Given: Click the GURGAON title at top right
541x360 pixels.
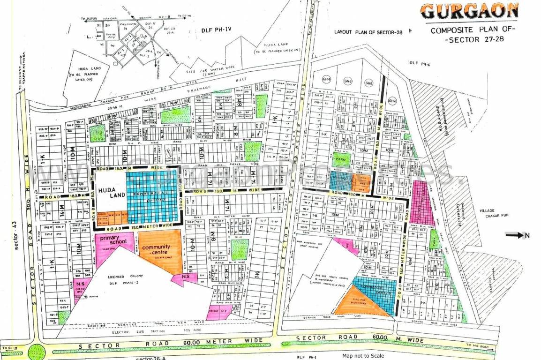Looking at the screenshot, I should click(469, 11).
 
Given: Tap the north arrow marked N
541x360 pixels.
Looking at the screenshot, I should click(518, 235).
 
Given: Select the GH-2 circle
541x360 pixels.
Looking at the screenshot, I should click(348, 81).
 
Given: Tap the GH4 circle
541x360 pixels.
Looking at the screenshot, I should click(392, 101).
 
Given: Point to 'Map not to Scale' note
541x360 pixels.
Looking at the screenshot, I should click(363, 356).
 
